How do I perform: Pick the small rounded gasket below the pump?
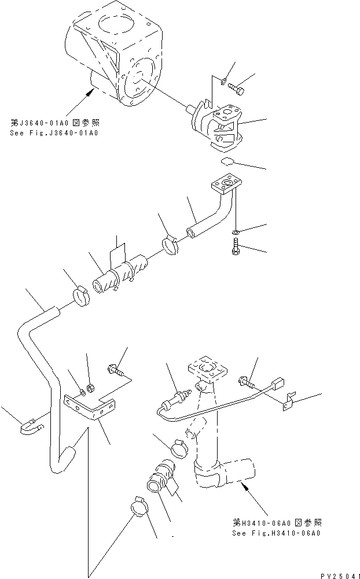tap(229, 163)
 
